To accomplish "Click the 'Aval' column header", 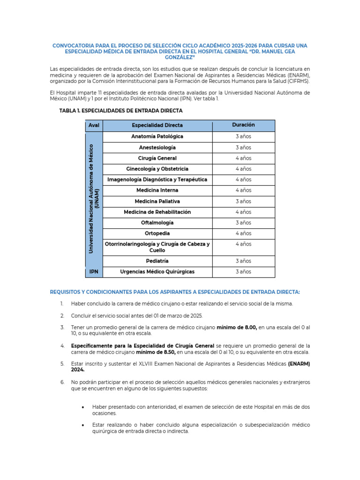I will click(x=94, y=126).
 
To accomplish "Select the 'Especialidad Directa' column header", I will click(x=157, y=126).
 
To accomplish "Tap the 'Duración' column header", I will click(x=243, y=125).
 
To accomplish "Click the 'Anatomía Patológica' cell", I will click(x=157, y=136).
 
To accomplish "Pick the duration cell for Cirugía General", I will click(x=243, y=158).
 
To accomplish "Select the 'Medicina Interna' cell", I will click(x=157, y=190).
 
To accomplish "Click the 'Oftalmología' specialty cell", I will click(x=157, y=223).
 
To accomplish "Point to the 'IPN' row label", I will click(x=94, y=272).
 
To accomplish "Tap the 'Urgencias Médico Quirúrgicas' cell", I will click(x=157, y=272).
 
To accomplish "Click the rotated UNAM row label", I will click(x=94, y=199).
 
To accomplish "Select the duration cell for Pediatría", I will click(x=243, y=261).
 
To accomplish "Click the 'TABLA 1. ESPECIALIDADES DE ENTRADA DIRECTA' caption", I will click(x=121, y=111).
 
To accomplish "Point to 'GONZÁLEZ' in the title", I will click(x=180, y=57).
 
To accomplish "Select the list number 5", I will click(x=62, y=363).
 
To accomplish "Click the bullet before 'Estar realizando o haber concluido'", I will click(x=83, y=425).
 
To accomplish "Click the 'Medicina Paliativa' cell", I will click(x=157, y=201).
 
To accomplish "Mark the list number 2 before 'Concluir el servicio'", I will click(x=62, y=315).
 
